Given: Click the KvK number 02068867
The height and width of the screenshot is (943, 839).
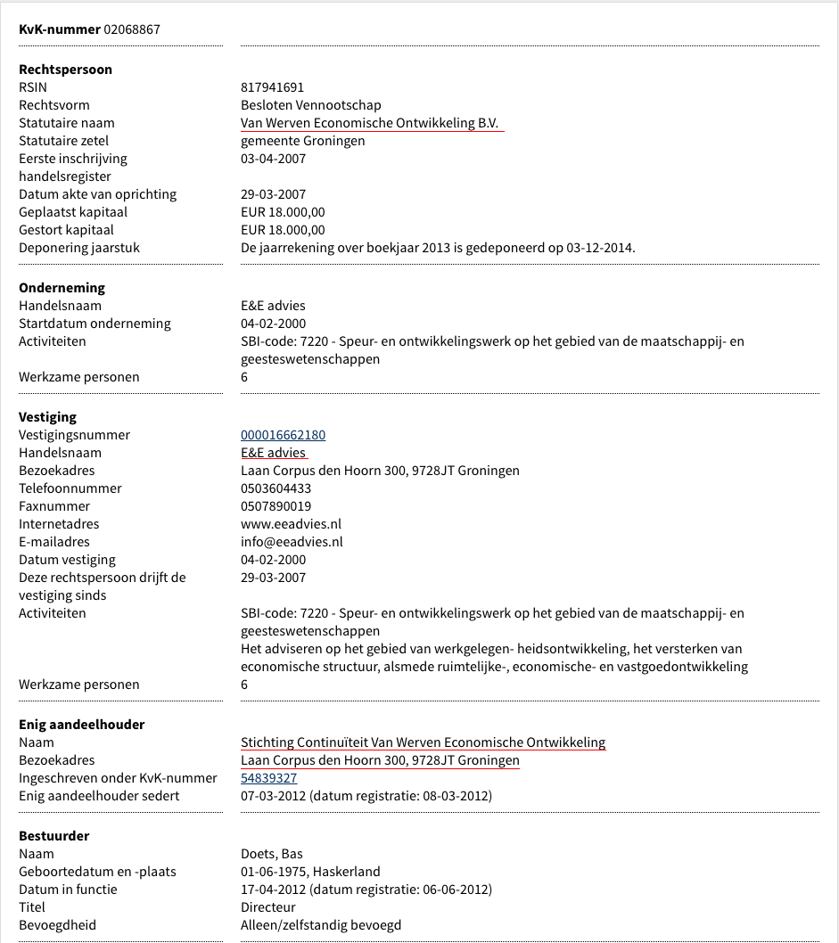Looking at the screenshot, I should pyautogui.click(x=132, y=29).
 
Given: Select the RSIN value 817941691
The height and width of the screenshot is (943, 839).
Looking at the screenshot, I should pyautogui.click(x=272, y=87).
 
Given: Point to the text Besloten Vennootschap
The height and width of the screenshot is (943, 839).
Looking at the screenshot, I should pyautogui.click(x=310, y=105).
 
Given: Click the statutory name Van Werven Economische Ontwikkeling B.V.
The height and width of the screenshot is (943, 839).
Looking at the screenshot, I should pyautogui.click(x=369, y=123).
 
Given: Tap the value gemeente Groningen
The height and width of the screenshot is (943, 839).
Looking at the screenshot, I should pyautogui.click(x=302, y=141).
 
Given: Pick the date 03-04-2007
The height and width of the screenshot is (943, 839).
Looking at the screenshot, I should pyautogui.click(x=273, y=159).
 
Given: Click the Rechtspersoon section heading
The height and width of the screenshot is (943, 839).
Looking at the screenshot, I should pyautogui.click(x=65, y=70).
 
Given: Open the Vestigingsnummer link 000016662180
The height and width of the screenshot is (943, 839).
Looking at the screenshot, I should pyautogui.click(x=283, y=435).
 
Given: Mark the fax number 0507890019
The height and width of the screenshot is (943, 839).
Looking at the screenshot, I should pyautogui.click(x=276, y=506).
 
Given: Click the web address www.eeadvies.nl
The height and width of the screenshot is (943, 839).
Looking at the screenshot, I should pyautogui.click(x=291, y=524).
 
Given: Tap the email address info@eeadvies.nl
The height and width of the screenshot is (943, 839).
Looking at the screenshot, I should pyautogui.click(x=292, y=542).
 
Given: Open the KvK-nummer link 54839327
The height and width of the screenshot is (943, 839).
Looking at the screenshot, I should pyautogui.click(x=268, y=778).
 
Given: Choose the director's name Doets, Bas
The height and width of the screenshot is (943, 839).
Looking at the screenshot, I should pyautogui.click(x=272, y=854).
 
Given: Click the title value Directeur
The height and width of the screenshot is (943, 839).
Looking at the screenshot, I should pyautogui.click(x=267, y=907).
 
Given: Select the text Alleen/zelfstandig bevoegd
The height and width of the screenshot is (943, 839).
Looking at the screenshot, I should pyautogui.click(x=321, y=925).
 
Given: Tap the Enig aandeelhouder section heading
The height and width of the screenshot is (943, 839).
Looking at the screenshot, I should pyautogui.click(x=81, y=725).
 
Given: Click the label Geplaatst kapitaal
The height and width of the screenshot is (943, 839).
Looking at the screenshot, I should pyautogui.click(x=73, y=212).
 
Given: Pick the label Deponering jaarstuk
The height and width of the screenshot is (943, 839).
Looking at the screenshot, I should pyautogui.click(x=79, y=248).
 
